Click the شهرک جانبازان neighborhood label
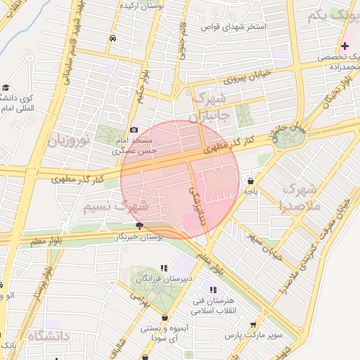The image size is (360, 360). coord(209,106)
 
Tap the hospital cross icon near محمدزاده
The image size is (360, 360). coord(344,45)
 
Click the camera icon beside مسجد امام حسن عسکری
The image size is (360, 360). coord(134,129)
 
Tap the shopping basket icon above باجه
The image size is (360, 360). coord(250,181)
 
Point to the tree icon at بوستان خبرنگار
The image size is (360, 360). coord(139,226)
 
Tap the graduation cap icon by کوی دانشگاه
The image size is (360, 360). coord(6,88)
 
